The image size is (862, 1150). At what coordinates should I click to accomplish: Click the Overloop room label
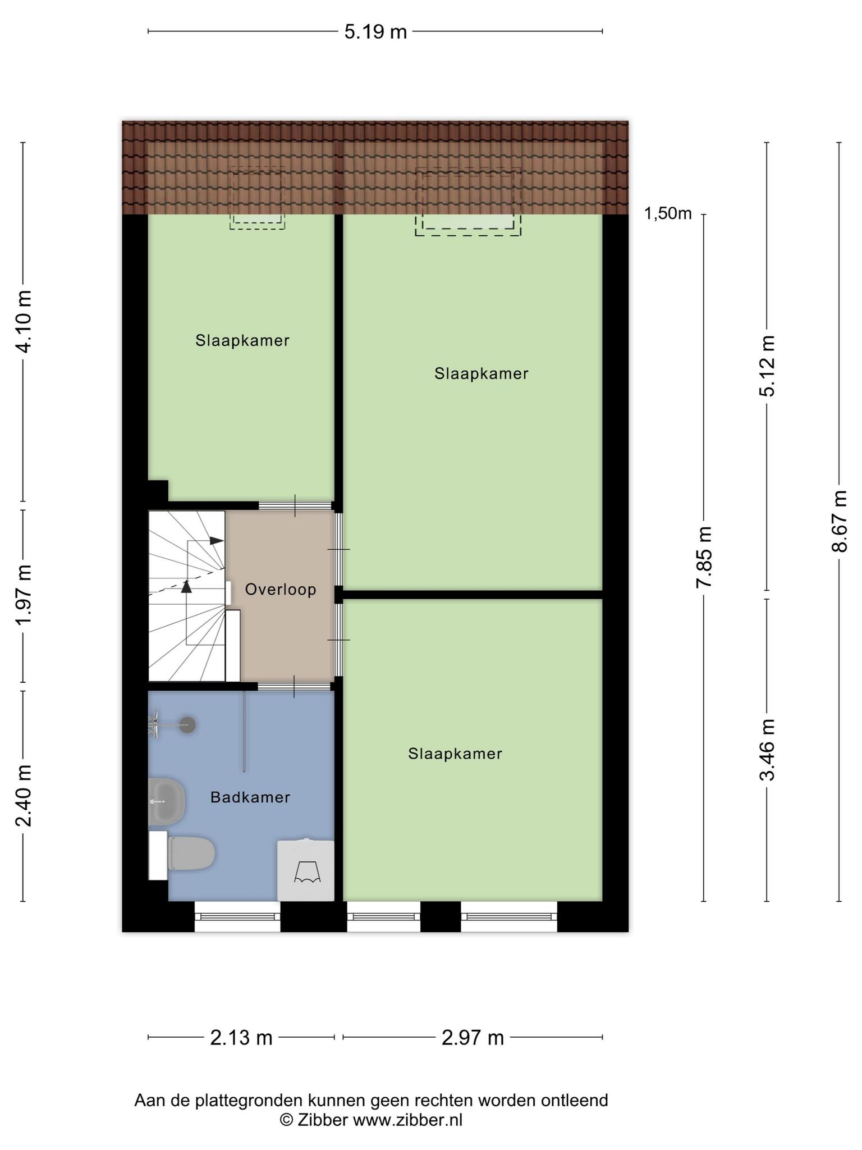(x=281, y=590)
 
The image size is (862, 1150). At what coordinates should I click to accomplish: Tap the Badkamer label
(x=250, y=797)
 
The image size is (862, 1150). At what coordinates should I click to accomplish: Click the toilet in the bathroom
(x=191, y=853)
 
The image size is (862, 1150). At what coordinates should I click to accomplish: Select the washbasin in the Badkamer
(x=166, y=802)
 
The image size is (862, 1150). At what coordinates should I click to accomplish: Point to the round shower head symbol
(x=188, y=725)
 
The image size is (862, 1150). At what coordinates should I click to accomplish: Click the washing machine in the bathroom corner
(x=306, y=870)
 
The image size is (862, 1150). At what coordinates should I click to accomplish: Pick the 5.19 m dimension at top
(x=375, y=31)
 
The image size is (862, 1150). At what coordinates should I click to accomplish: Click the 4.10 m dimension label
(x=24, y=322)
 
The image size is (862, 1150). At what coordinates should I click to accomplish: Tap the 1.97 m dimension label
(x=24, y=595)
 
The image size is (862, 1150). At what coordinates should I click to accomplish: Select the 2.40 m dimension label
(x=24, y=796)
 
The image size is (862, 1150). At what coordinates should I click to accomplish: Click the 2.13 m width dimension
(x=241, y=1037)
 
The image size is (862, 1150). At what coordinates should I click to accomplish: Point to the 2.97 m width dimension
(x=473, y=1037)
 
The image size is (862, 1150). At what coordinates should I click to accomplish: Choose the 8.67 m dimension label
(x=840, y=521)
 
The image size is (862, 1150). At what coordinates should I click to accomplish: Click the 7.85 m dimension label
(x=704, y=557)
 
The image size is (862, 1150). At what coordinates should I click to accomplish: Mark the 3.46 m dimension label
(x=767, y=750)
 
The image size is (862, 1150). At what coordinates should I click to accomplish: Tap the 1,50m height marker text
(x=668, y=213)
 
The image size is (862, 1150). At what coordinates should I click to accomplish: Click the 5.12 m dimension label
(x=767, y=366)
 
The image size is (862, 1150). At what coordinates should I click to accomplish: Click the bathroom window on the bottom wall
(x=237, y=917)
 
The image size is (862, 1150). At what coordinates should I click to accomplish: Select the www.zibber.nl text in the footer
(x=407, y=1120)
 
